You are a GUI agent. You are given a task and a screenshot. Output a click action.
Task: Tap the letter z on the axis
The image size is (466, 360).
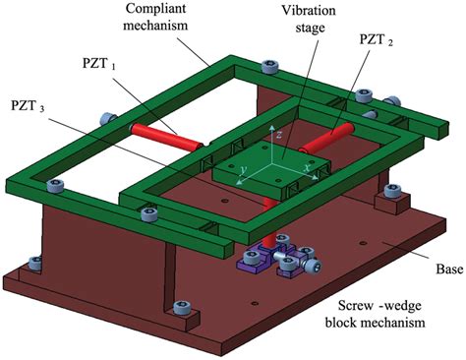point(279,131)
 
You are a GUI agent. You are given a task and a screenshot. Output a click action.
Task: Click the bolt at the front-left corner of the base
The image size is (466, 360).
point(36,263)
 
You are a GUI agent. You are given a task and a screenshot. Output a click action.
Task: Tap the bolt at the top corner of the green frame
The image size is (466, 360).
point(271,67)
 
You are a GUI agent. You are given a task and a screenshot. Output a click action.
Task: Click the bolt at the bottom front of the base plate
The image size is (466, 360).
point(181,308)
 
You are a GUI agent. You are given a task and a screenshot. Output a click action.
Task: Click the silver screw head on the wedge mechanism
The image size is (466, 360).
point(312,265)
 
